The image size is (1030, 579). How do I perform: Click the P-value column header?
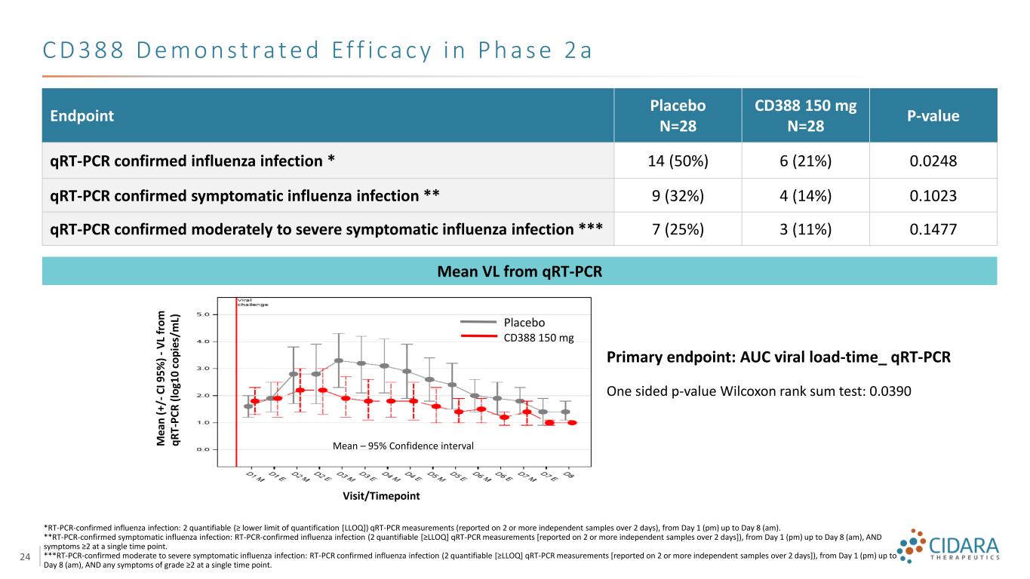933,116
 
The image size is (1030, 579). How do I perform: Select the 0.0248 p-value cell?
933,161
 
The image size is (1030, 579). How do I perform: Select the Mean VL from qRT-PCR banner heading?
519,271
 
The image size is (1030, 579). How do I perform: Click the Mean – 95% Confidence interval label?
403,446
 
